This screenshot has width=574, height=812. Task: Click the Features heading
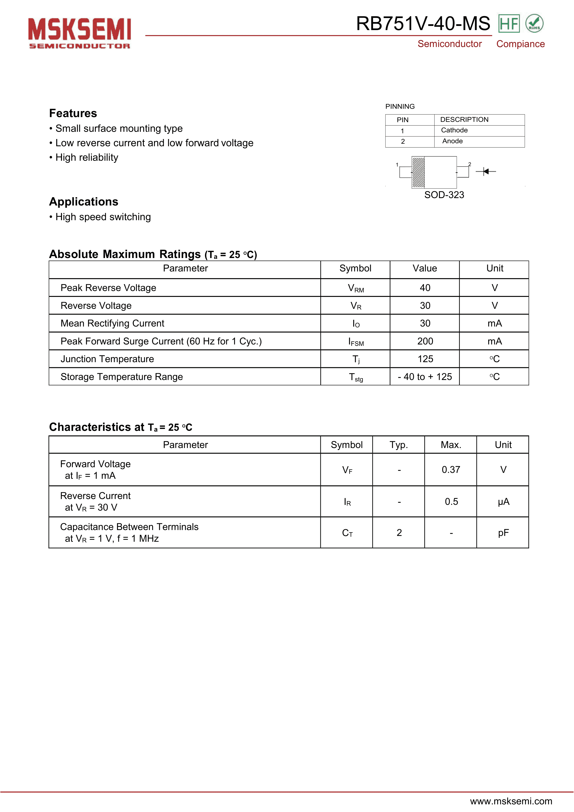point(73,113)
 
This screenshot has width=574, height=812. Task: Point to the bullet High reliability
point(86,157)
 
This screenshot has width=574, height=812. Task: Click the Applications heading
point(83,202)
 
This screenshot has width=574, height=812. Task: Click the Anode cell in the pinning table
point(452,141)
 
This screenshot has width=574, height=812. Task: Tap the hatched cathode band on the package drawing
point(418,172)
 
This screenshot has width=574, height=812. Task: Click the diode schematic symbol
point(486,171)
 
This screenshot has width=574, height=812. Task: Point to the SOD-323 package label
point(444,195)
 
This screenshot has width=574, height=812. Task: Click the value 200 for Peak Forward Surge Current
point(425,341)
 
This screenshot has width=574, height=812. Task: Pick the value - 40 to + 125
point(425,377)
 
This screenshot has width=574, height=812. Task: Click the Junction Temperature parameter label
point(107,359)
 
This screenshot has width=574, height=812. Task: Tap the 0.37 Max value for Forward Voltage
point(451,470)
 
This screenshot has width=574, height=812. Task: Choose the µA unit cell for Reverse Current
point(503,501)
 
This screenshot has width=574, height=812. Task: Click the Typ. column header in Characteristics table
point(399,445)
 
